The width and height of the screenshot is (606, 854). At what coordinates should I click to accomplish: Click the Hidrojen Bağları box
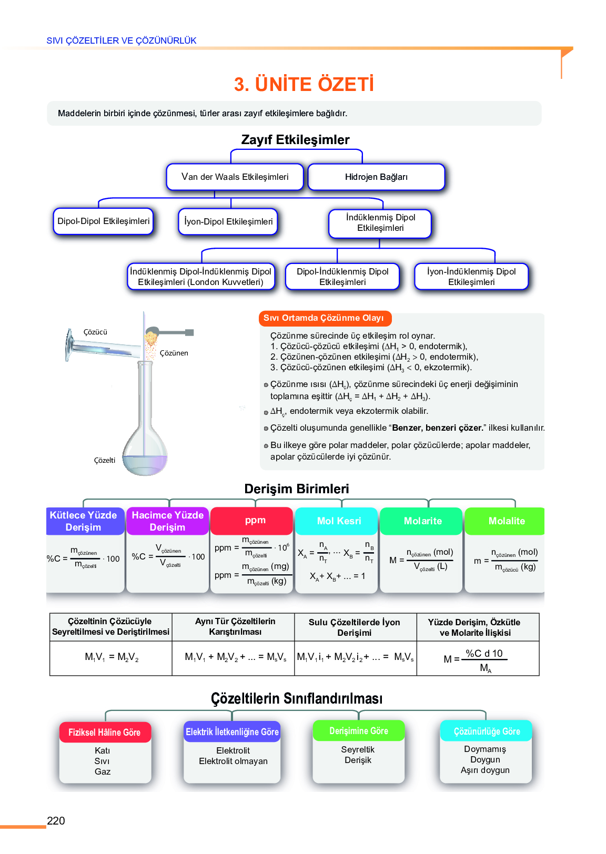pyautogui.click(x=376, y=177)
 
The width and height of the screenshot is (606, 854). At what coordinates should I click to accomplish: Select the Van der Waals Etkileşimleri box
pyautogui.click(x=235, y=177)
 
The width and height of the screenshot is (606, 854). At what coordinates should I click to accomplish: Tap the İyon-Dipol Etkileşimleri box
pyautogui.click(x=228, y=221)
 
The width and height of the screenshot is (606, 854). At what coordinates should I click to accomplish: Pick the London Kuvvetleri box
pyautogui.click(x=200, y=277)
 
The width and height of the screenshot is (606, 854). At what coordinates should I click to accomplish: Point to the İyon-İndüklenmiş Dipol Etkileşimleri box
pyautogui.click(x=471, y=277)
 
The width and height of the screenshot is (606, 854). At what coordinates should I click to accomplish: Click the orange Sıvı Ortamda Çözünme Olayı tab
pyautogui.click(x=324, y=318)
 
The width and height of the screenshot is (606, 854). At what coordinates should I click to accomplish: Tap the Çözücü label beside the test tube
pyautogui.click(x=95, y=332)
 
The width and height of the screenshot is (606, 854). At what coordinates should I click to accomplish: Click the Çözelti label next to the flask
pyautogui.click(x=104, y=460)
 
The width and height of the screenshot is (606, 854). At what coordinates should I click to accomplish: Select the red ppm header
pyautogui.click(x=255, y=520)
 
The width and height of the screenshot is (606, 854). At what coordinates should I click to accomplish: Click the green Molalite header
pyautogui.click(x=507, y=521)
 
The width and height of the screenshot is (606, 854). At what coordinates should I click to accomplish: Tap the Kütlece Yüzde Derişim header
pyautogui.click(x=84, y=521)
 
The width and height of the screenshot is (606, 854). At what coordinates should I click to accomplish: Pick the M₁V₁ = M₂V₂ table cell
pyautogui.click(x=112, y=657)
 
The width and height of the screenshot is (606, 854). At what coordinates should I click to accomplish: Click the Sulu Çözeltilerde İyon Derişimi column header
pyautogui.click(x=355, y=627)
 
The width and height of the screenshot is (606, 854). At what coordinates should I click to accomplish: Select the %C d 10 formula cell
pyautogui.click(x=478, y=658)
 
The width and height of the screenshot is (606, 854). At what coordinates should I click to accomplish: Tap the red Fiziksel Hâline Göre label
pyautogui.click(x=105, y=733)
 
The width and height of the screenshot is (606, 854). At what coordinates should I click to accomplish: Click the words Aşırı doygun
pyautogui.click(x=485, y=770)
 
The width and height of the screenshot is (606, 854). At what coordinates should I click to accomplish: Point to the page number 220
pyautogui.click(x=56, y=821)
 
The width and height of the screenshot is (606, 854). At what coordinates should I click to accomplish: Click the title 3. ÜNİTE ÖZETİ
pyautogui.click(x=304, y=84)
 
